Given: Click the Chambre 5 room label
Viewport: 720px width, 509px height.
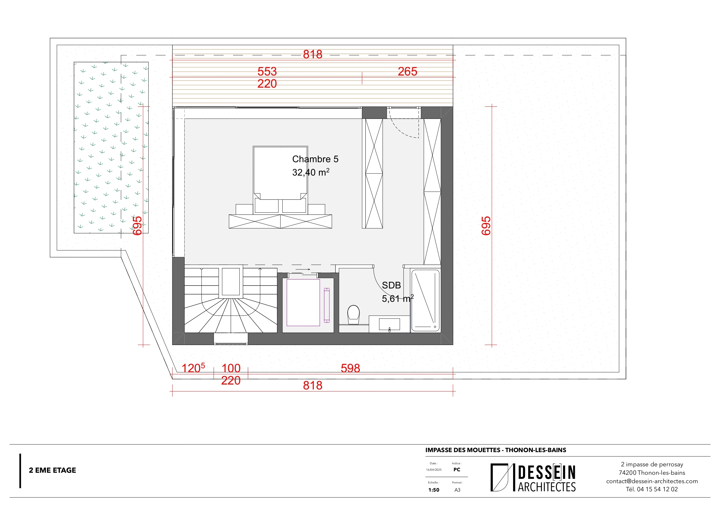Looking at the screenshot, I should (x=315, y=159).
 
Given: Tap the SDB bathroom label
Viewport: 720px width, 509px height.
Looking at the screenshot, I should (x=391, y=285).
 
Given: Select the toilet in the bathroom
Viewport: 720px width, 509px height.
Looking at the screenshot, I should (x=353, y=315).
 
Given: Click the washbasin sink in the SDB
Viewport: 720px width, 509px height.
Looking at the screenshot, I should (x=389, y=324).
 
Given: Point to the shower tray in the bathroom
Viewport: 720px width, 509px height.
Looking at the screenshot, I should (x=425, y=300).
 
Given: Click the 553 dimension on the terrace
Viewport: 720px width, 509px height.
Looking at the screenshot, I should (x=267, y=71).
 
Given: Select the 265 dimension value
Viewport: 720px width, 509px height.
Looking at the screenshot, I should (x=407, y=71).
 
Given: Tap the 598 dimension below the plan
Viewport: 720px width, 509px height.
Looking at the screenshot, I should (x=350, y=368).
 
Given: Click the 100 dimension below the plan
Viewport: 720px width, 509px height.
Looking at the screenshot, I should (x=231, y=368).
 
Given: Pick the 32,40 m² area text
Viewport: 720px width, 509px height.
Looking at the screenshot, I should (x=311, y=172).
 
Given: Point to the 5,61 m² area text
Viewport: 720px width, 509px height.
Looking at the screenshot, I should (x=397, y=299).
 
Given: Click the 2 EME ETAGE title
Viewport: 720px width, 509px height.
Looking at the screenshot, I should (x=52, y=470).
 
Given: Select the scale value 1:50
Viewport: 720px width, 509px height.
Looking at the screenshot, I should (x=434, y=490).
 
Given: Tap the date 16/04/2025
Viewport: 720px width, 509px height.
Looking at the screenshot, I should (x=434, y=470).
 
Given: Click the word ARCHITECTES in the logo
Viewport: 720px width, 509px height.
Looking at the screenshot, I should (x=546, y=487).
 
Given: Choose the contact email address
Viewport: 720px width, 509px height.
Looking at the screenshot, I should (x=652, y=481).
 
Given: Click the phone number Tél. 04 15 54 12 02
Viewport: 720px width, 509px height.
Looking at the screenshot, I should (x=652, y=489).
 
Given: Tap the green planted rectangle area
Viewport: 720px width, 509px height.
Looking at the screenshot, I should (x=111, y=147).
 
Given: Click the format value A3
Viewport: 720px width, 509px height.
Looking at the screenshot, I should (x=457, y=490).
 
